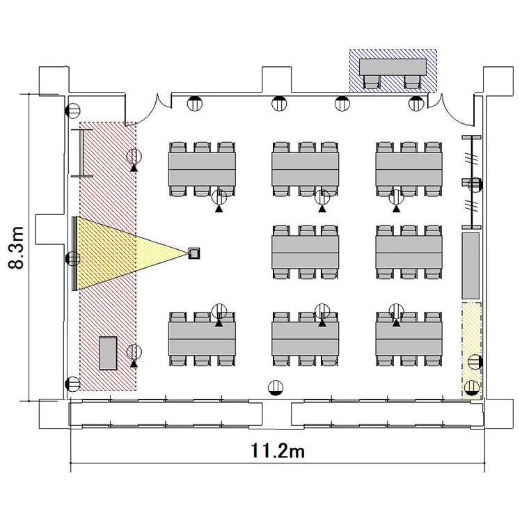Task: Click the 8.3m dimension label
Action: click(x=16, y=248)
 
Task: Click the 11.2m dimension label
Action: click(x=277, y=451)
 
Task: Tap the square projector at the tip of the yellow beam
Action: click(x=193, y=253)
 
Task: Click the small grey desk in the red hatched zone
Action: click(x=108, y=353)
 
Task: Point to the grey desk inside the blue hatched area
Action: click(x=393, y=68)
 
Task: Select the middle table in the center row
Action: click(x=306, y=252)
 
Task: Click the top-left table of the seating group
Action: click(x=202, y=169)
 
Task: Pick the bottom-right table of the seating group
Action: click(x=409, y=339)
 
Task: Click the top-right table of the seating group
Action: click(x=409, y=169)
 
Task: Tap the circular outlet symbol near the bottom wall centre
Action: click(x=276, y=388)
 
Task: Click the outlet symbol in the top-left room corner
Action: click(x=73, y=110)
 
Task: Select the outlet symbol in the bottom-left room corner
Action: click(x=73, y=384)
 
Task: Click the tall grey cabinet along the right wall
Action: click(x=470, y=266)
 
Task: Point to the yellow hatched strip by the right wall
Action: click(x=471, y=351)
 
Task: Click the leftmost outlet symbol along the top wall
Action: click(x=195, y=104)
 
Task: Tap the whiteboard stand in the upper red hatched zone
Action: click(x=82, y=153)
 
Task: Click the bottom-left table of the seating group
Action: click(x=202, y=339)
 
